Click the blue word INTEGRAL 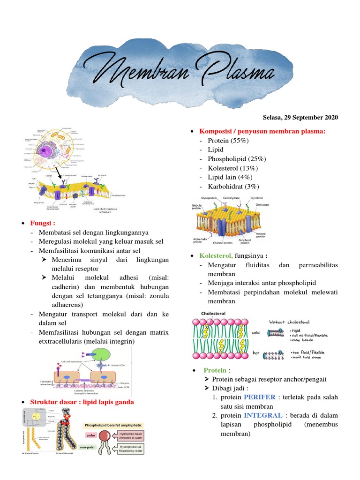pos(263,415)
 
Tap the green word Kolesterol pos(216,256)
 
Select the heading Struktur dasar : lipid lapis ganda pos(82,402)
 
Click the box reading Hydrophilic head pos(126,435)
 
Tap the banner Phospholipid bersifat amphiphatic pos(112,425)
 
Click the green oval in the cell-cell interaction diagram pos(101,355)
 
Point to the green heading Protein pos(214,370)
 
